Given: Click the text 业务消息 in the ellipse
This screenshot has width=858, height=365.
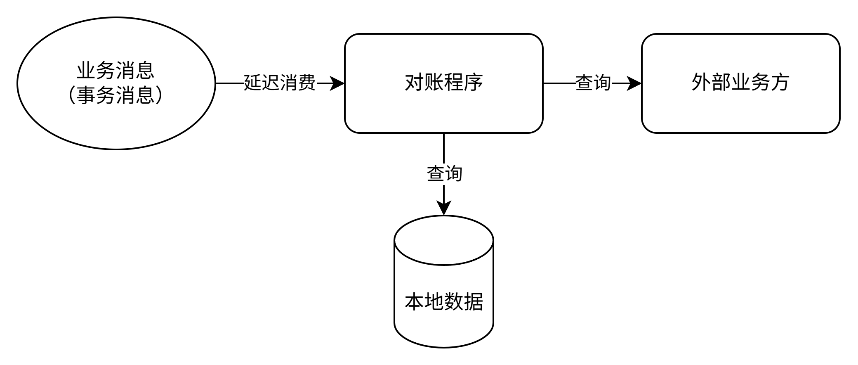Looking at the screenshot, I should pos(115,71).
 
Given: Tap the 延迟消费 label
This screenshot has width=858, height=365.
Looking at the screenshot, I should pos(280,83).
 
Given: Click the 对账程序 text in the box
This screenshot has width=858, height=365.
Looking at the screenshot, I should pos(443,83).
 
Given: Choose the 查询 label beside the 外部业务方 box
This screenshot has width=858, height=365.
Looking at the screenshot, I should pos(594,83).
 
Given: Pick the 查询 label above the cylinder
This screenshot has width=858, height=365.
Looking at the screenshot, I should pos(445,174).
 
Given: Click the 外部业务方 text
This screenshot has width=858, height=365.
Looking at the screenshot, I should pos(740,83).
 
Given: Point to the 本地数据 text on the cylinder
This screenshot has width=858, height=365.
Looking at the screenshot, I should pos(444,302).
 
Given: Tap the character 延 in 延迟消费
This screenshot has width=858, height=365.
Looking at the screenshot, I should pos(253,83).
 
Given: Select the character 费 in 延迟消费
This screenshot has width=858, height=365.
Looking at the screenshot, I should pos(307,83).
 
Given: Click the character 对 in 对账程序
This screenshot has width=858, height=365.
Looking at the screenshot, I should pos(414,83).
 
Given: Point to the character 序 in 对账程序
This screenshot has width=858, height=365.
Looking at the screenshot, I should pos(474,83).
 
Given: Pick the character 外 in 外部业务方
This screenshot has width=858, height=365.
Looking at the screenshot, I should pos(701,83).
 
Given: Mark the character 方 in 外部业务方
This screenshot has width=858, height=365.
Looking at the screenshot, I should pos(780,83).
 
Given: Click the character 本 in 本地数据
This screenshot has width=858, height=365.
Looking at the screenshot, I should pos(414,302).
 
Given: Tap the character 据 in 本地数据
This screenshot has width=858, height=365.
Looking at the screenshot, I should pos(474,302).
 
